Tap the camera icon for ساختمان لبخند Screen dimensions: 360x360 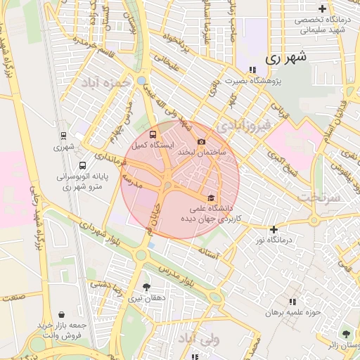(x=201, y=141)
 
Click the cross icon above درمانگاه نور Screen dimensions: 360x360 (x=274, y=229)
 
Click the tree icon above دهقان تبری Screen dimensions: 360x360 (x=146, y=287)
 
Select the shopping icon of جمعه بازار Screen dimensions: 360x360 (x=64, y=314)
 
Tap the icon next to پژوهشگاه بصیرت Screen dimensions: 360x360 (x=252, y=69)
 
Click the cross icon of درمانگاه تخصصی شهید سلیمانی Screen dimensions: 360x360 (x=322, y=9)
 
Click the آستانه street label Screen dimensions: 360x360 (x=210, y=250)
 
